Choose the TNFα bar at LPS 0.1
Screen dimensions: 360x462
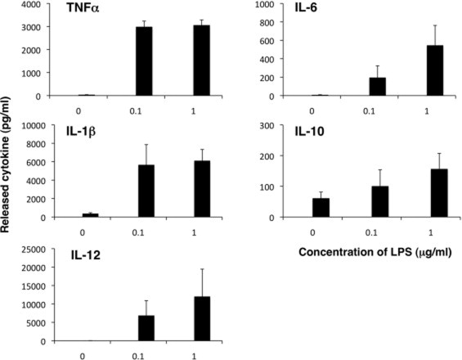click(143, 61)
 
